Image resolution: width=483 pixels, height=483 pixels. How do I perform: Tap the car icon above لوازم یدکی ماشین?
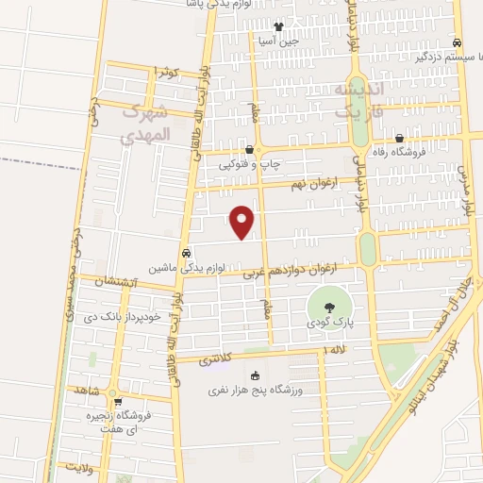pos(187,253)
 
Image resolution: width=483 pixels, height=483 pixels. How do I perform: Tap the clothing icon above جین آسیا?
pos(278,26)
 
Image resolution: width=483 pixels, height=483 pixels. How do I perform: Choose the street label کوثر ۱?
pos(166,71)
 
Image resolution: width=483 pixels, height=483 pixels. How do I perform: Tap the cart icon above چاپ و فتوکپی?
pos(249,150)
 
